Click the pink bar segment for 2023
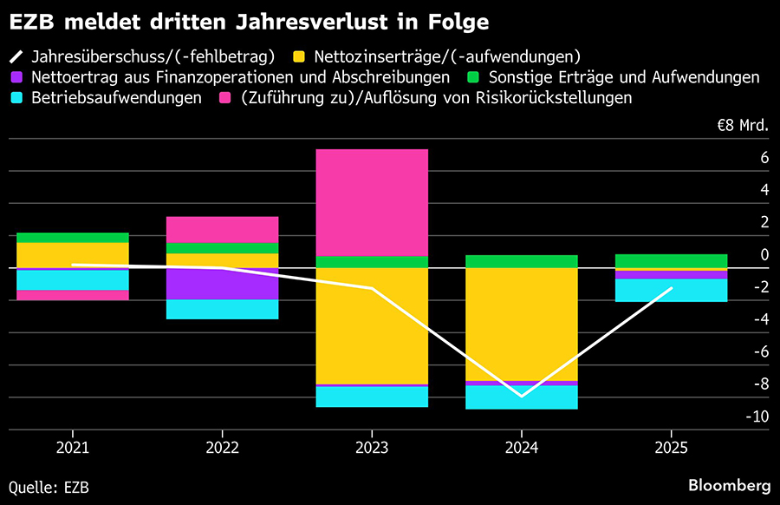coord(372,202)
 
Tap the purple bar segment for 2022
coord(223,284)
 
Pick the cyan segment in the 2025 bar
coord(671,290)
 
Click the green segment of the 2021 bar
coord(73,237)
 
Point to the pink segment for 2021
coord(73,295)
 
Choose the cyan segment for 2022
coord(223,309)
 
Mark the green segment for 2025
coord(671,261)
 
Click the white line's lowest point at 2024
coord(522,396)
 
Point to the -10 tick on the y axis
coord(757,416)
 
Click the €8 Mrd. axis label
coord(742,125)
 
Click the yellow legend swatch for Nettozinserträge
coord(297,57)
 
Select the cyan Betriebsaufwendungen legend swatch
coord(17,97)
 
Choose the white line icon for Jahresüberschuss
coord(17,57)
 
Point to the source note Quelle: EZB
coord(49,487)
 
